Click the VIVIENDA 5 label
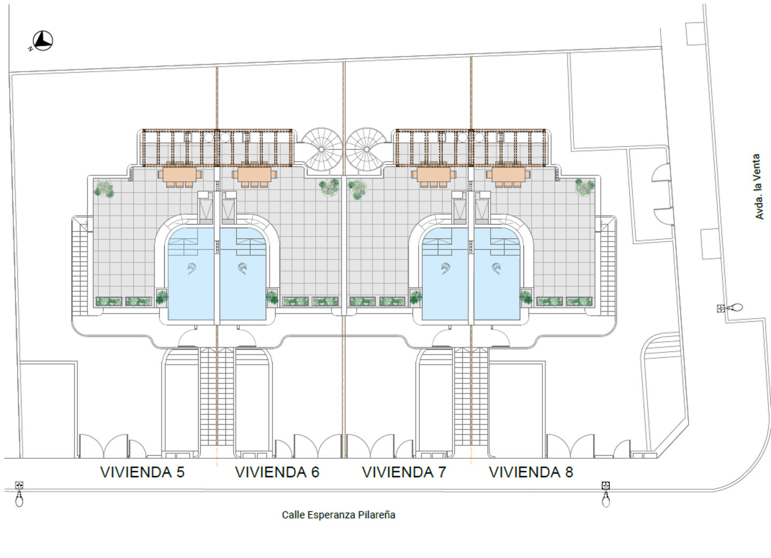(x=142, y=472)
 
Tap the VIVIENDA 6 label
(x=277, y=472)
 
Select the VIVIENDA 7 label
(x=404, y=472)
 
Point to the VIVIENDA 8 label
(x=531, y=472)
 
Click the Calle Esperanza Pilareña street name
(x=338, y=515)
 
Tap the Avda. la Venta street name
(x=758, y=186)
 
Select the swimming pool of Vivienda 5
(x=191, y=274)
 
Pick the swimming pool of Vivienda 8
(x=497, y=274)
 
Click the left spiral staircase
(x=321, y=149)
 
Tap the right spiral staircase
(x=367, y=149)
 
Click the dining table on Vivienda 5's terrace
(x=180, y=175)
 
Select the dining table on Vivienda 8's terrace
(x=509, y=175)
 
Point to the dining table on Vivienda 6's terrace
(x=254, y=175)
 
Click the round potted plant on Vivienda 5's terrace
(x=104, y=188)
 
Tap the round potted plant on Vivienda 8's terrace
(x=585, y=187)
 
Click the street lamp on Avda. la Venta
(x=730, y=307)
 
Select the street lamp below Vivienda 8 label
(x=606, y=494)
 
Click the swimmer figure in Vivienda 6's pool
(x=243, y=268)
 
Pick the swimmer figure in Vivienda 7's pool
(x=445, y=268)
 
